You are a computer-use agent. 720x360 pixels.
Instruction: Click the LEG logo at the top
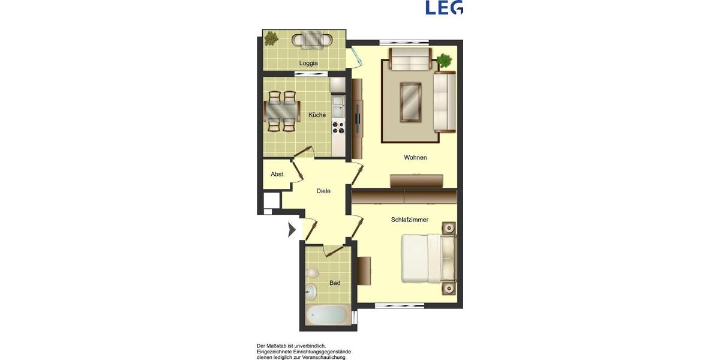pos(444,7)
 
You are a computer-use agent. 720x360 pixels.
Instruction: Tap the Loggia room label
pos(308,63)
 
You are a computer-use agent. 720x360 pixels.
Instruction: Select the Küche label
pos(317,115)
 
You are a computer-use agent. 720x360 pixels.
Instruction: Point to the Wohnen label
pos(415,158)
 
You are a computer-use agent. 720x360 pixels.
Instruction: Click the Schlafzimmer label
pos(410,220)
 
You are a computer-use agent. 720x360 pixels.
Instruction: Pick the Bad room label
pos(335,283)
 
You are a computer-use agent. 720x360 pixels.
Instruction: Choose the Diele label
pos(323,191)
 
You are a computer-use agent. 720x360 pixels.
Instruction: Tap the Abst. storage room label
pos(277,175)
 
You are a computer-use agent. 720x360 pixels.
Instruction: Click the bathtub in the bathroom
pos(327,314)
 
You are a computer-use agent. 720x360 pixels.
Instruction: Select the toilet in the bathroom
pos(311,274)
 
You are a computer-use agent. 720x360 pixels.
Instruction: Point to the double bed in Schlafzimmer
pos(428,258)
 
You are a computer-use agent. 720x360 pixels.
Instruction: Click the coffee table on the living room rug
pos(410,102)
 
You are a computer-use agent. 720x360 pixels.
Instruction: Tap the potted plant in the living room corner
pos(444,60)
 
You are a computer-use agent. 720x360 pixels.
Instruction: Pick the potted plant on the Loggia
pos(272,38)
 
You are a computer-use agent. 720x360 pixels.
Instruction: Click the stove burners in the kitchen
pos(338,127)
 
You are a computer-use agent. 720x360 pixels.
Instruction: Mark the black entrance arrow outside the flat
pos(292,229)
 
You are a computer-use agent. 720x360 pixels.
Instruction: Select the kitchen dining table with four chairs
pos(282,111)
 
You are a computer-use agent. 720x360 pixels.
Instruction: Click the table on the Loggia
pos(311,40)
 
